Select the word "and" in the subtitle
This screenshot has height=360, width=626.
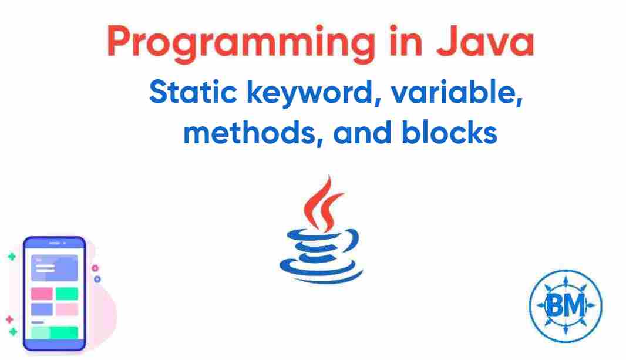(x=364, y=134)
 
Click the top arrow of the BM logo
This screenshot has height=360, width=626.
(x=566, y=275)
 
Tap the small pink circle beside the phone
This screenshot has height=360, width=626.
(x=95, y=268)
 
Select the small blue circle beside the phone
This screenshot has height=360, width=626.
(x=97, y=279)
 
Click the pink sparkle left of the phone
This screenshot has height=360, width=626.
(x=9, y=319)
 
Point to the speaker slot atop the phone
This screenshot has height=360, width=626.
(x=54, y=243)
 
